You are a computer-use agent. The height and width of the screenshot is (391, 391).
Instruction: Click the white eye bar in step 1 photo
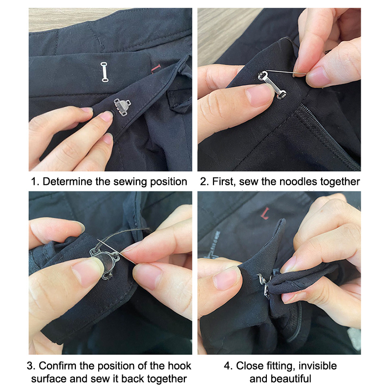105,72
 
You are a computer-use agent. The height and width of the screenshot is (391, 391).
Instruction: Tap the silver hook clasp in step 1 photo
122,107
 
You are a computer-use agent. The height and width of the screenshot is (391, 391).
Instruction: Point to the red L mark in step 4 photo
265,214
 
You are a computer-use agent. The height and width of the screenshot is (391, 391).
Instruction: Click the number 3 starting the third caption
30,366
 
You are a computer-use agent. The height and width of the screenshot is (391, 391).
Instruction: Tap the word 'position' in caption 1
168,182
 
